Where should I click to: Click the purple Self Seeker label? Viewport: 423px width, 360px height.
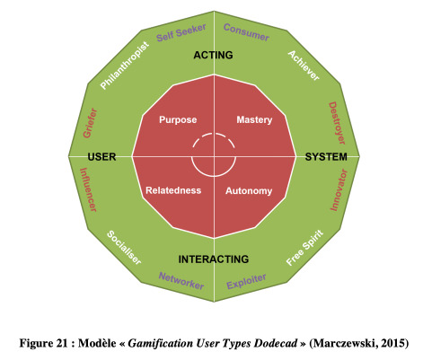pyautogui.click(x=181, y=32)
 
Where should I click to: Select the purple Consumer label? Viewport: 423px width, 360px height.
pyautogui.click(x=246, y=32)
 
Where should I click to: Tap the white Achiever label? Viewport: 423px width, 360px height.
pyautogui.click(x=304, y=66)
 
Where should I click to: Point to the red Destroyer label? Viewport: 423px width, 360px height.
pyautogui.click(x=337, y=123)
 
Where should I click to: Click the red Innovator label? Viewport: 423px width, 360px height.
pyautogui.click(x=339, y=189)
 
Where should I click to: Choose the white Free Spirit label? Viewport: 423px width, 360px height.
pyautogui.click(x=304, y=248)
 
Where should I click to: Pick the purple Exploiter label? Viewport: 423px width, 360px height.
pyautogui.click(x=246, y=281)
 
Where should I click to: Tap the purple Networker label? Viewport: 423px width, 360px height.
pyautogui.click(x=181, y=281)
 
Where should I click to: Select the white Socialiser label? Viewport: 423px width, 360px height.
pyautogui.click(x=124, y=248)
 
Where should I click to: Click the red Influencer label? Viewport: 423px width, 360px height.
pyautogui.click(x=88, y=189)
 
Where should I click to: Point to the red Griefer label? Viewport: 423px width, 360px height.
pyautogui.click(x=90, y=123)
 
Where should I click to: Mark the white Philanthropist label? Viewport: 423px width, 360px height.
pyautogui.click(x=124, y=66)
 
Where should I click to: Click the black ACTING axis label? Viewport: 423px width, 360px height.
pyautogui.click(x=213, y=55)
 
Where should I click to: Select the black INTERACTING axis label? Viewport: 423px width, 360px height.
pyautogui.click(x=214, y=259)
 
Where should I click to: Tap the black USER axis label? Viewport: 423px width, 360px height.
pyautogui.click(x=101, y=157)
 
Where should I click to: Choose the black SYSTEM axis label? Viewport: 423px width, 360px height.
pyautogui.click(x=326, y=157)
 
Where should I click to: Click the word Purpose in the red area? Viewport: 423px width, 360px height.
pyautogui.click(x=178, y=119)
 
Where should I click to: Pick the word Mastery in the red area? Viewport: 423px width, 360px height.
pyautogui.click(x=254, y=119)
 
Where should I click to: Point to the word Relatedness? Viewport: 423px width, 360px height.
pyautogui.click(x=173, y=190)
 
